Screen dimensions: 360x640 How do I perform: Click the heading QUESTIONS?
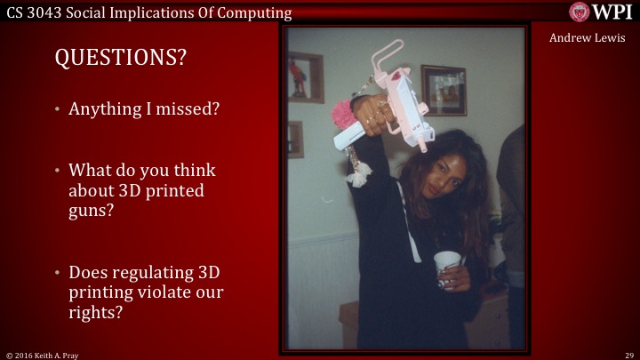point(121,59)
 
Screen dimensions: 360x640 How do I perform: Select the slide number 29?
point(628,354)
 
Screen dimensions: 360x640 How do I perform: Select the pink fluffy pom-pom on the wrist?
point(344,117)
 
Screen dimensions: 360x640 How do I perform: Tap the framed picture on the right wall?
point(443,89)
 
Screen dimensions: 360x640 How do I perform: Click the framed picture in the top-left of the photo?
point(306,76)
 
